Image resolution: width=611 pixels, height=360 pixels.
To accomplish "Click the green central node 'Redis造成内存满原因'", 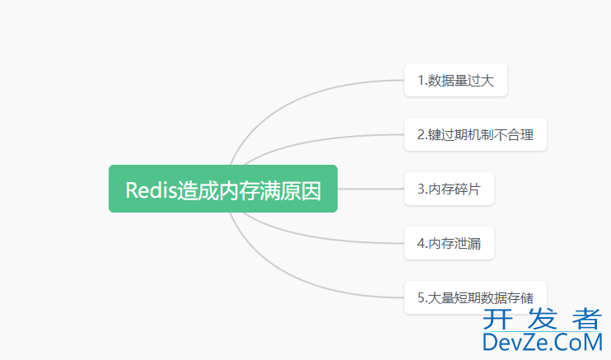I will (x=223, y=189).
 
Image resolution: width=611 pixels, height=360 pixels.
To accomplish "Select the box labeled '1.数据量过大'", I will (x=455, y=80).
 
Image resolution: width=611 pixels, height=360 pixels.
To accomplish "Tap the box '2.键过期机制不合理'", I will (x=475, y=134).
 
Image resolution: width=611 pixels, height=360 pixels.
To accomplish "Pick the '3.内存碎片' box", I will (x=449, y=189).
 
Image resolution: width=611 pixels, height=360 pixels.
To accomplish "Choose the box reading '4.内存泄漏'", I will (x=449, y=243).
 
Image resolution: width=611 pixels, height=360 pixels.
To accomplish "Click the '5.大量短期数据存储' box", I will (x=475, y=297).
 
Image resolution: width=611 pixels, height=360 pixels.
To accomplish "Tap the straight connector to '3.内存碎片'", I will (x=371, y=189).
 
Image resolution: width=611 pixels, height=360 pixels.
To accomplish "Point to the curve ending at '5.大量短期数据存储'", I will (x=313, y=284).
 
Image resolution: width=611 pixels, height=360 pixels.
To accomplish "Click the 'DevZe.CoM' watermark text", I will (x=543, y=342).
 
